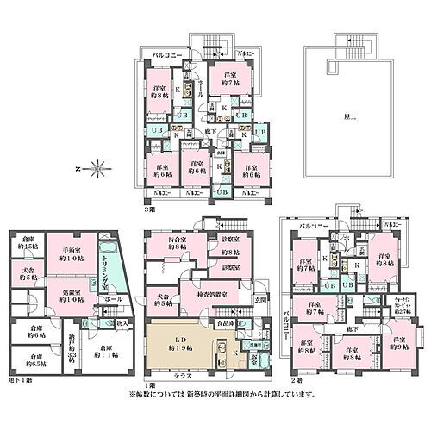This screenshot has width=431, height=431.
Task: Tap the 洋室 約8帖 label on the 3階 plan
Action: pyautogui.click(x=159, y=92)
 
